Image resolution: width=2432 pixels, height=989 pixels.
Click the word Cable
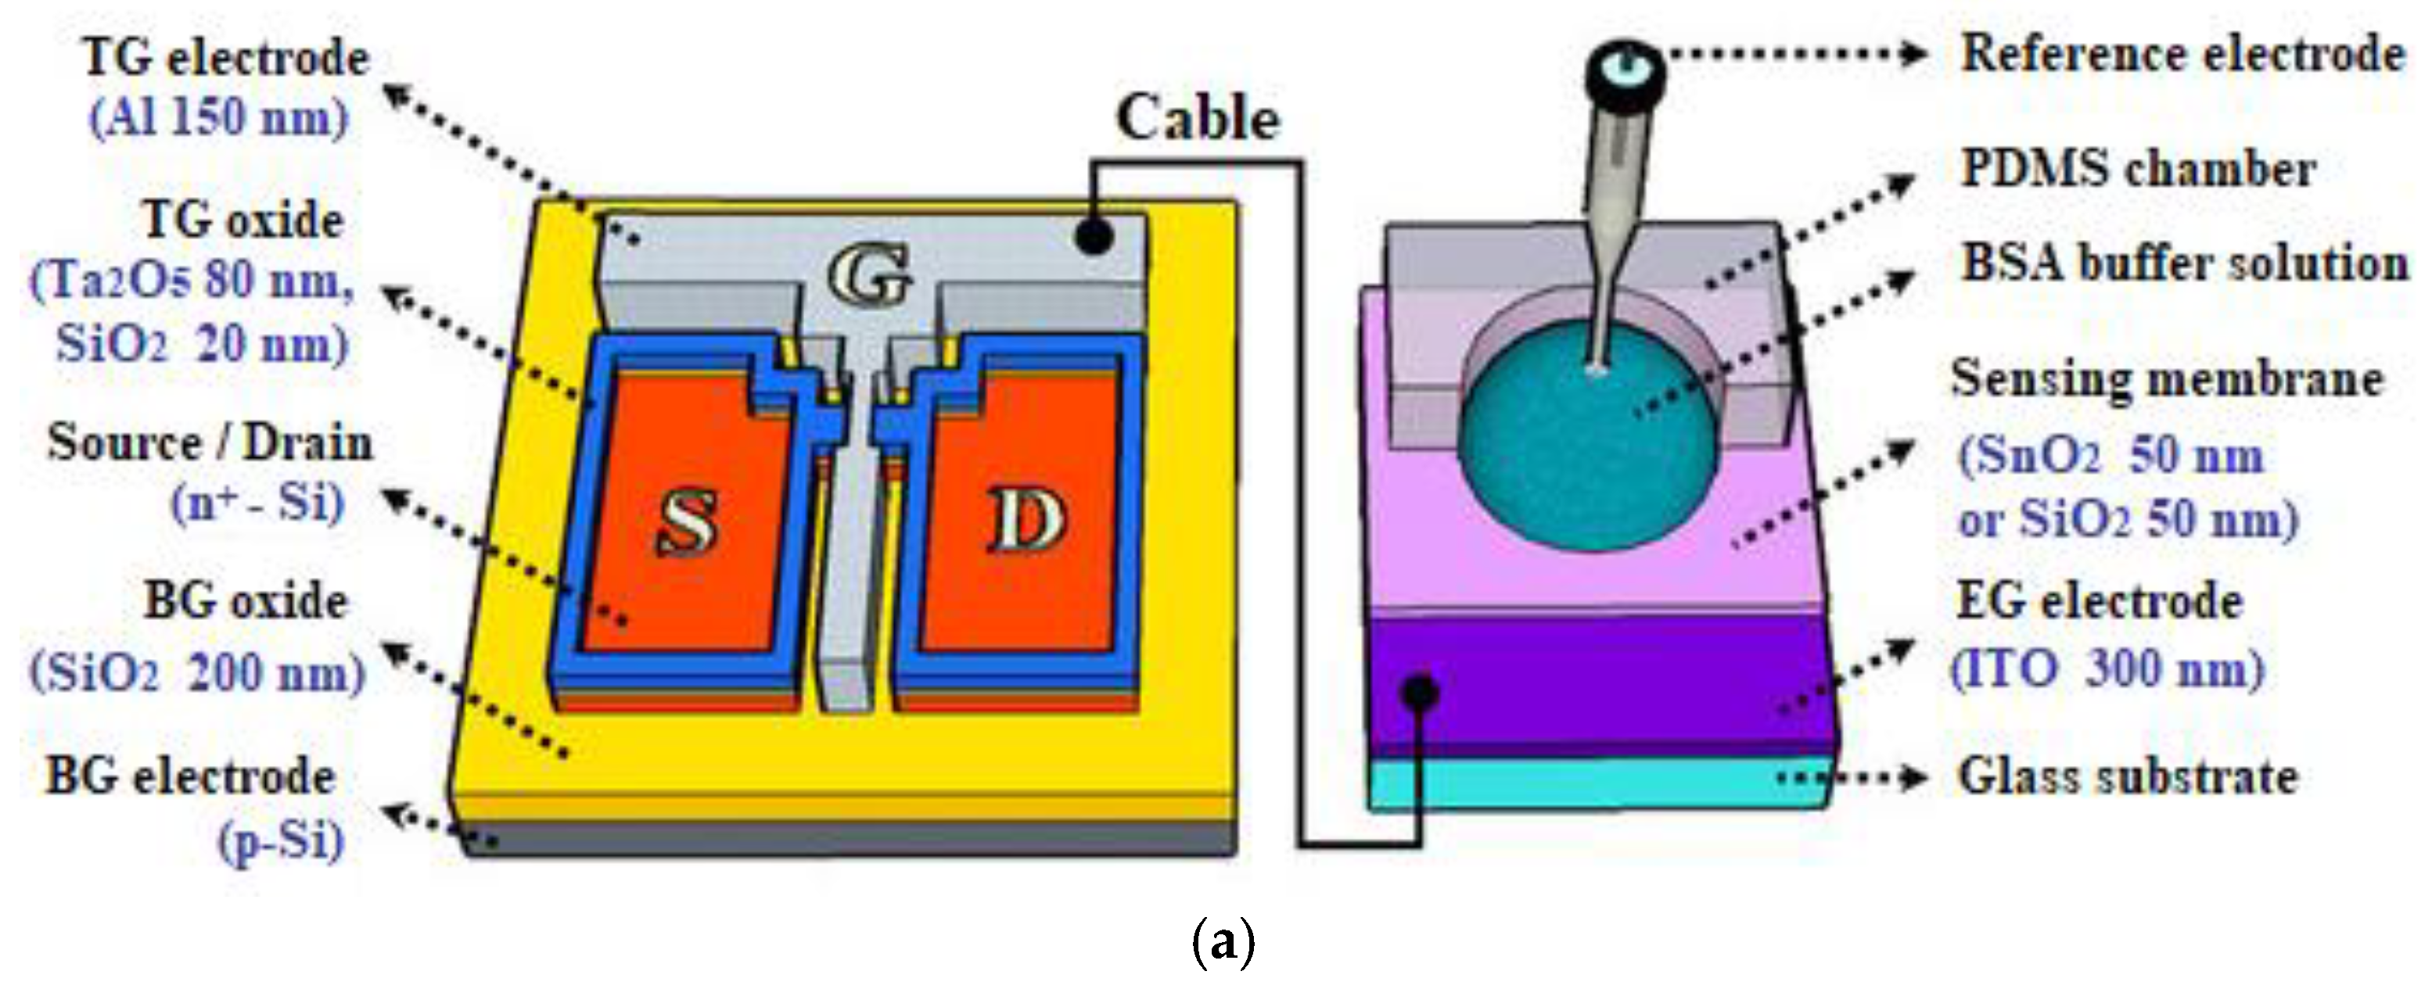pyautogui.click(x=1197, y=119)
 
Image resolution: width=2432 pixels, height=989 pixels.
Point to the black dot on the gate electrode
pyautogui.click(x=1094, y=235)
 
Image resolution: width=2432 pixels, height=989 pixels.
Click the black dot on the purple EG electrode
pyautogui.click(x=1420, y=693)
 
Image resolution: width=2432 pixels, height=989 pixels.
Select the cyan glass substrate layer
pyautogui.click(x=1596, y=783)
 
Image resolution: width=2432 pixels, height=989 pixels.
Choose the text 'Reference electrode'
pyautogui.click(x=2182, y=53)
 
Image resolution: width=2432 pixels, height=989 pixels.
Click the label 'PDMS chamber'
pyautogui.click(x=2139, y=170)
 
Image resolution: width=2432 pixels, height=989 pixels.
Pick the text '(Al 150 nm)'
pyautogui.click(x=219, y=118)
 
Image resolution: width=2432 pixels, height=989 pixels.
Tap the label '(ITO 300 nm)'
pyautogui.click(x=2107, y=670)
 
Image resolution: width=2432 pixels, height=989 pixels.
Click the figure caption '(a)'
pyautogui.click(x=1223, y=942)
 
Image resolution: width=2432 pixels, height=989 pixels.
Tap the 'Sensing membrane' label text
pyautogui.click(x=2168, y=379)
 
